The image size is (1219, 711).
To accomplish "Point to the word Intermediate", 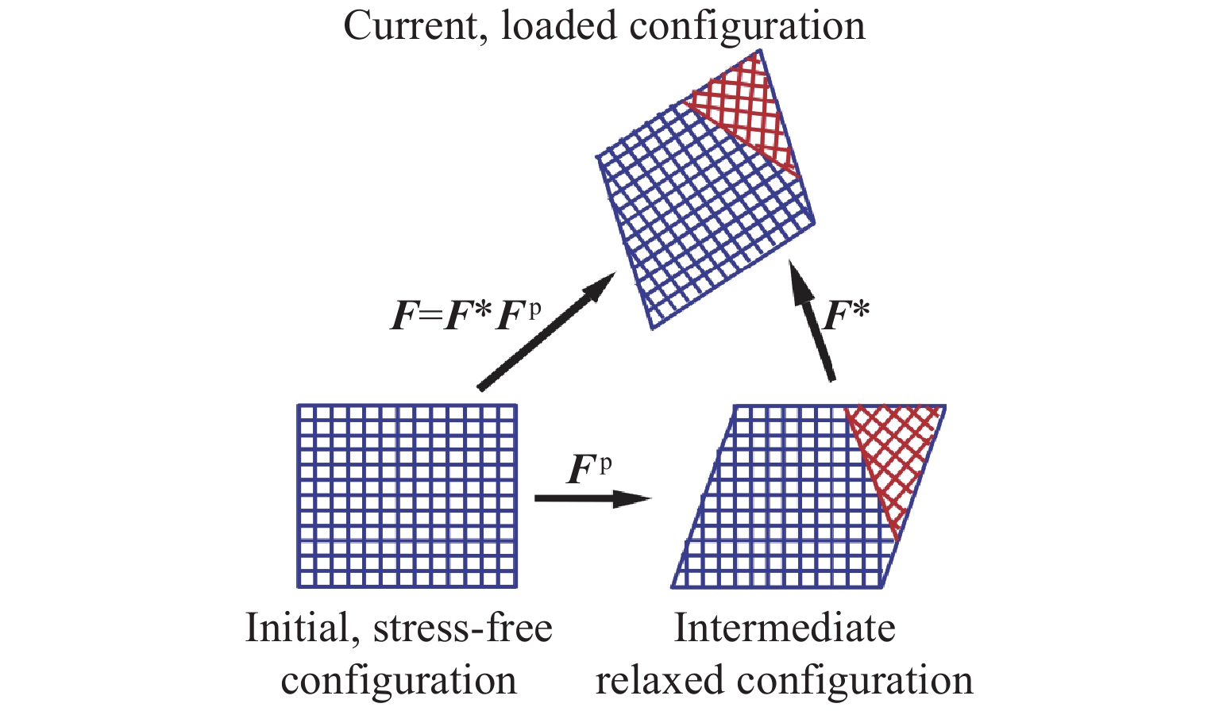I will point(785,628).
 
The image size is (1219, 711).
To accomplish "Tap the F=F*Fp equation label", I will point(466,314).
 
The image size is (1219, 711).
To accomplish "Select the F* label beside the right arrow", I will point(847,314).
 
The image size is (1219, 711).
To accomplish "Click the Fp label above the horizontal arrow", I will point(589,469).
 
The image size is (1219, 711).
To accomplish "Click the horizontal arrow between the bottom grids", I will point(592,498).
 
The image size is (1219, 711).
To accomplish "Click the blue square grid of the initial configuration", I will point(407,496).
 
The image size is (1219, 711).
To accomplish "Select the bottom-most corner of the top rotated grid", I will point(652,327).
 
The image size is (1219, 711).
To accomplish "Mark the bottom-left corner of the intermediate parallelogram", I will point(673,587).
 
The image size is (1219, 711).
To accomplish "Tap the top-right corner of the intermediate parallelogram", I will point(944,406).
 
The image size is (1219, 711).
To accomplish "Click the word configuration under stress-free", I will point(399,681).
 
